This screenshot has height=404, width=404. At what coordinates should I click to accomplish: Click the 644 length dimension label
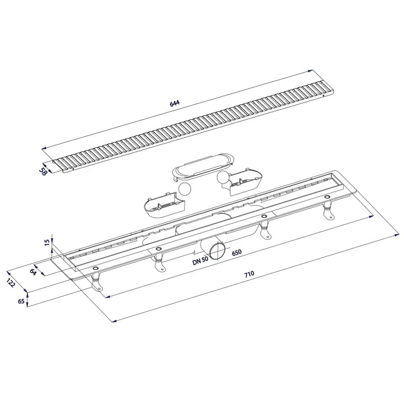174,103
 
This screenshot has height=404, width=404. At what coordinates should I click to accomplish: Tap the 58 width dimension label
43,171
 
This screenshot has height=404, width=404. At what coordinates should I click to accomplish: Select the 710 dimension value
249,274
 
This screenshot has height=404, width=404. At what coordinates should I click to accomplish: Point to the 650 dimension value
236,252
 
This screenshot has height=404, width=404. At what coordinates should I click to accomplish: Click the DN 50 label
200,262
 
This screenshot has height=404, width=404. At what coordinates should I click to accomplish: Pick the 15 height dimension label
47,242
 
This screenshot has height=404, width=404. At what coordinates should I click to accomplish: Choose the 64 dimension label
33,272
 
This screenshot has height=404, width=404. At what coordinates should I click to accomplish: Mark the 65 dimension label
22,300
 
